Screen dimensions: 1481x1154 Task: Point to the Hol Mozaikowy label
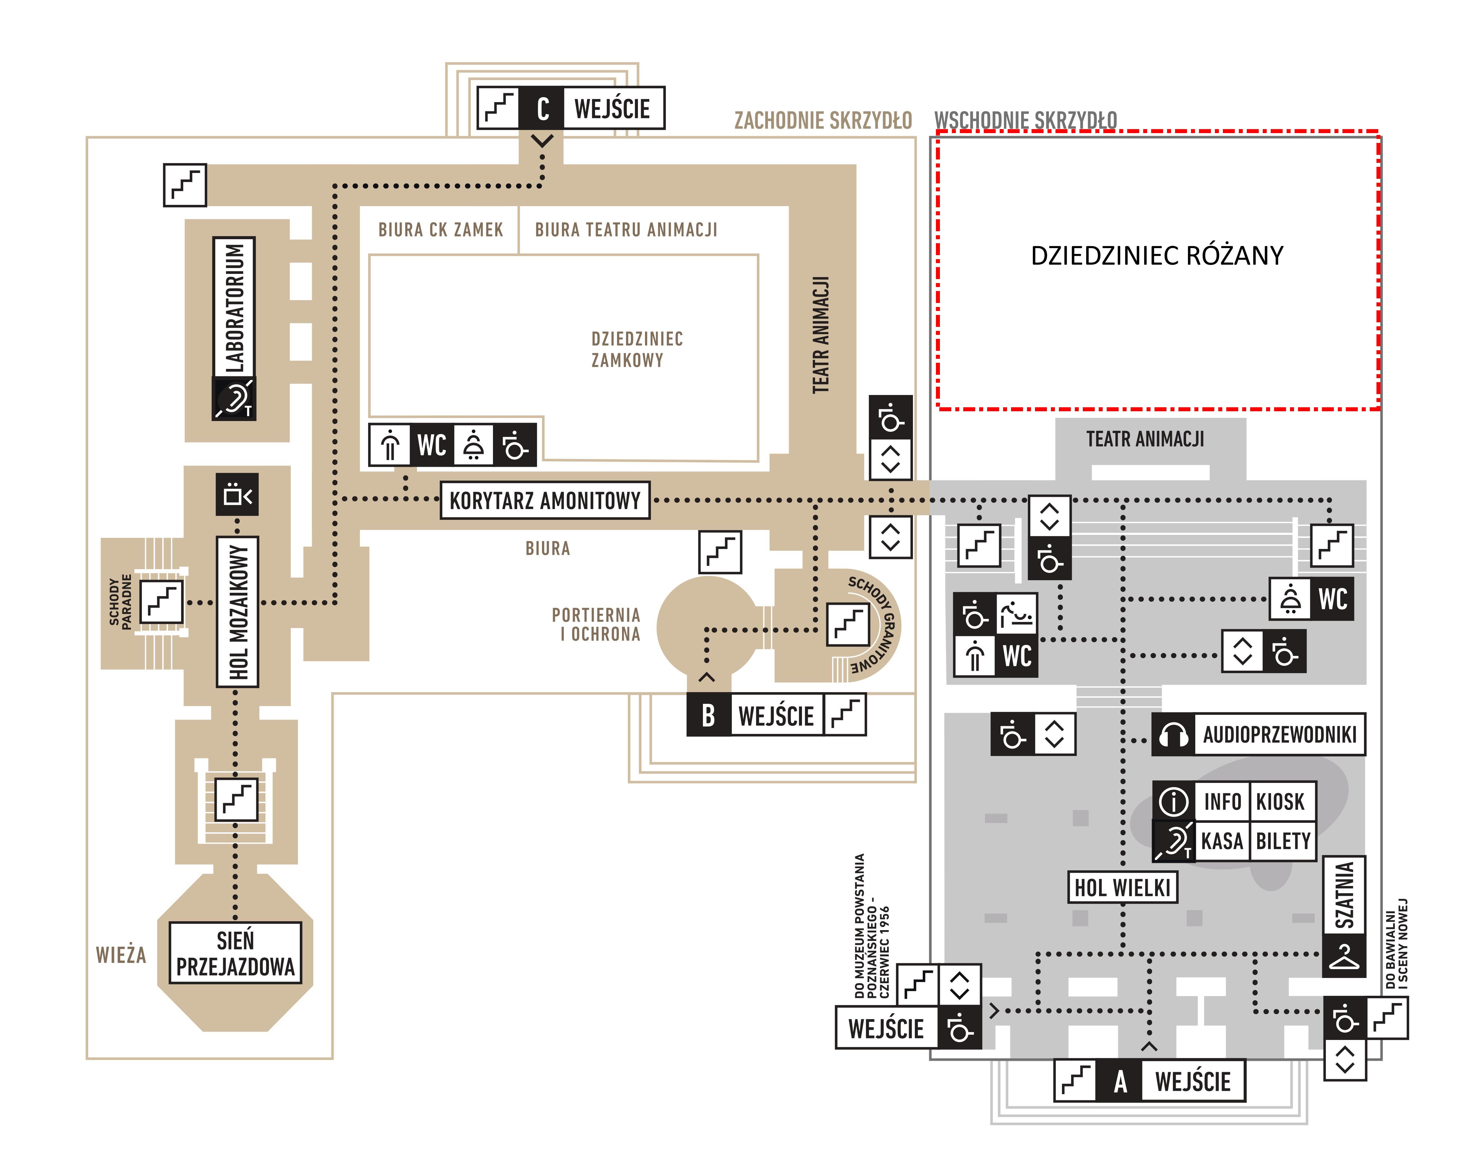click(237, 612)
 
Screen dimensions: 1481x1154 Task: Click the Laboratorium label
click(234, 307)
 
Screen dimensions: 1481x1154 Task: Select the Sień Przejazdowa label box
click(235, 953)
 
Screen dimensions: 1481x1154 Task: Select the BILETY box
click(1283, 841)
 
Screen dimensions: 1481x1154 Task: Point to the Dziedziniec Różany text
click(1157, 256)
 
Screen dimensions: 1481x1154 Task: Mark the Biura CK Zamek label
click(441, 230)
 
